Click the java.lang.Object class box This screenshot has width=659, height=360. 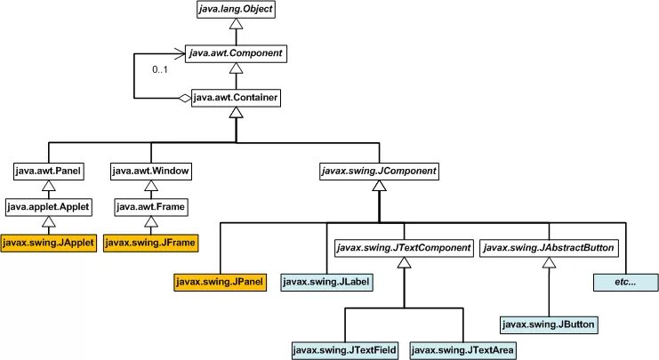pos(237,9)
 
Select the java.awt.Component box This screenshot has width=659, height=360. pos(236,53)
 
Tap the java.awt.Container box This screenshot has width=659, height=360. pos(236,98)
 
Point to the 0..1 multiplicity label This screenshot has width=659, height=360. pos(160,69)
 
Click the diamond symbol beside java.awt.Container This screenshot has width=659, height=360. pos(184,99)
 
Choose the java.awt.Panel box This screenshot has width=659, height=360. pos(49,172)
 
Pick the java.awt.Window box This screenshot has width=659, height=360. pos(151,172)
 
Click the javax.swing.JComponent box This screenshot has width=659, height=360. pos(379,172)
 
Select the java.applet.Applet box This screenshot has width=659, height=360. pos(49,207)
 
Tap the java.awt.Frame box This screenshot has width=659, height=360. pos(151,207)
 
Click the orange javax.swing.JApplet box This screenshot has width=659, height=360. pos(49,243)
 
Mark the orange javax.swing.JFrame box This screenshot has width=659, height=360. pos(150,243)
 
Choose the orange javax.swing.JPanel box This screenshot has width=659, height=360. pos(221,282)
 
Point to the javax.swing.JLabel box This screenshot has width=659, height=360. pos(326,282)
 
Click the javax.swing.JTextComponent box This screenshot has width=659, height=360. pos(404,248)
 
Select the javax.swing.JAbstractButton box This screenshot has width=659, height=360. pos(549,248)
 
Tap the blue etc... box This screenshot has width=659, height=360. pos(626,283)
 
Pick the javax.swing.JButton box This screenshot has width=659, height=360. pos(549,324)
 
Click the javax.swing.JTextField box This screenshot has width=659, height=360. pos(345,350)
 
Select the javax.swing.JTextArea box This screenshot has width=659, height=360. pos(462,350)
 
